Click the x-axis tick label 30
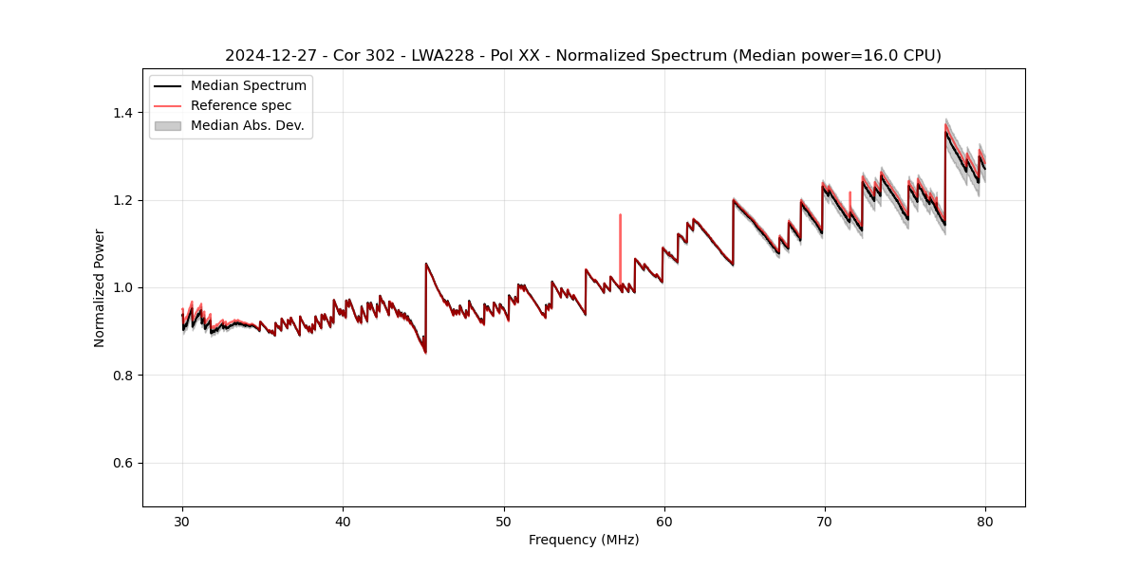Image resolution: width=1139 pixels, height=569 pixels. click(x=182, y=522)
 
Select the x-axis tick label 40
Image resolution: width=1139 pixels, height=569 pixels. click(x=343, y=522)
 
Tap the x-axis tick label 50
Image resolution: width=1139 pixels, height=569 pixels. click(x=504, y=522)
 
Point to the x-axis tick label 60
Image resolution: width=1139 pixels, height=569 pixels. click(x=664, y=522)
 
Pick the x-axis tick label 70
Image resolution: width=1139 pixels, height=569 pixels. click(x=825, y=522)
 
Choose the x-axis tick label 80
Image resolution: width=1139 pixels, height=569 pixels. click(x=985, y=522)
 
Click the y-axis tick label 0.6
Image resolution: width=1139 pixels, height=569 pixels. click(x=122, y=463)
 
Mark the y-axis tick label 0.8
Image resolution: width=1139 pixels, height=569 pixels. click(x=122, y=376)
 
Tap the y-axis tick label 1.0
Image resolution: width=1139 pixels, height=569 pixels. click(x=122, y=287)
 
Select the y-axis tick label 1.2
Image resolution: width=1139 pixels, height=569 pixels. click(x=122, y=200)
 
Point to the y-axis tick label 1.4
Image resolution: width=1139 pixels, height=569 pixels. click(x=122, y=113)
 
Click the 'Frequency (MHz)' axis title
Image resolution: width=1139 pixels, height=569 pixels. click(x=584, y=540)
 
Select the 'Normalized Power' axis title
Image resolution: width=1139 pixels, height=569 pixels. click(x=100, y=287)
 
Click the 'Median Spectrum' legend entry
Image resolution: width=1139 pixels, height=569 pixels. click(x=248, y=86)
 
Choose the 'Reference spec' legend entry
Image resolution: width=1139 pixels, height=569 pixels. click(x=241, y=105)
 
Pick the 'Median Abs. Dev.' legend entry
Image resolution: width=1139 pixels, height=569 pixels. click(x=247, y=125)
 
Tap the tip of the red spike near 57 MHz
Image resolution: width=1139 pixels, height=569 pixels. click(x=620, y=214)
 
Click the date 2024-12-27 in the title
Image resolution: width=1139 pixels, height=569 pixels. click(x=267, y=56)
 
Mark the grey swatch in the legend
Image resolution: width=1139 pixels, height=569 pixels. click(x=168, y=125)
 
